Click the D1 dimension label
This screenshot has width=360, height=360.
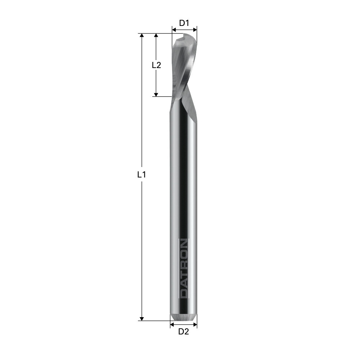(x=184, y=23)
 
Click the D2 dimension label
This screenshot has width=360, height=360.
(x=184, y=332)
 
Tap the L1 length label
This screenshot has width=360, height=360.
(x=141, y=175)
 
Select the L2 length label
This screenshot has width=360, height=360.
(x=156, y=65)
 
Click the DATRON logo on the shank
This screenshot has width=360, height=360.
(x=184, y=269)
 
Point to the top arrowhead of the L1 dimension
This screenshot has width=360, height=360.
(x=141, y=36)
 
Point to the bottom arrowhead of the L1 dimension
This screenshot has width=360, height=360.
(x=141, y=319)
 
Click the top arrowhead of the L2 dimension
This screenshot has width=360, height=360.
(x=156, y=36)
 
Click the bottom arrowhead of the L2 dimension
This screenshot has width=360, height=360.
(x=156, y=94)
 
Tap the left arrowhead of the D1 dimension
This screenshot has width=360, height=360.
(x=174, y=30)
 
